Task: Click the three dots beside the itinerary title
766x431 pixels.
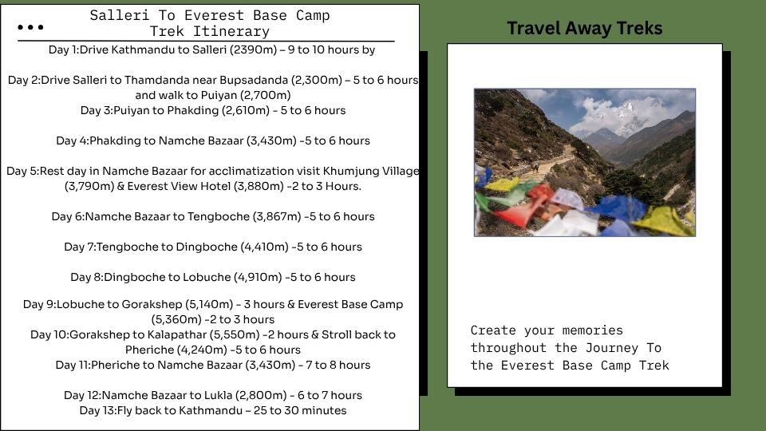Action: point(30,27)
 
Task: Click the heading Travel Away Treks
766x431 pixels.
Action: point(584,29)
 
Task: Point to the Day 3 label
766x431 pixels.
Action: point(97,110)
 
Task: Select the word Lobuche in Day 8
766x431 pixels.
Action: point(207,277)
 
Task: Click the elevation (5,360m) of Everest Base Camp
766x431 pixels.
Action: point(176,319)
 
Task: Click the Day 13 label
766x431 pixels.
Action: point(97,410)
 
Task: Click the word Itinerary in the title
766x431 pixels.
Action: point(231,32)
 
